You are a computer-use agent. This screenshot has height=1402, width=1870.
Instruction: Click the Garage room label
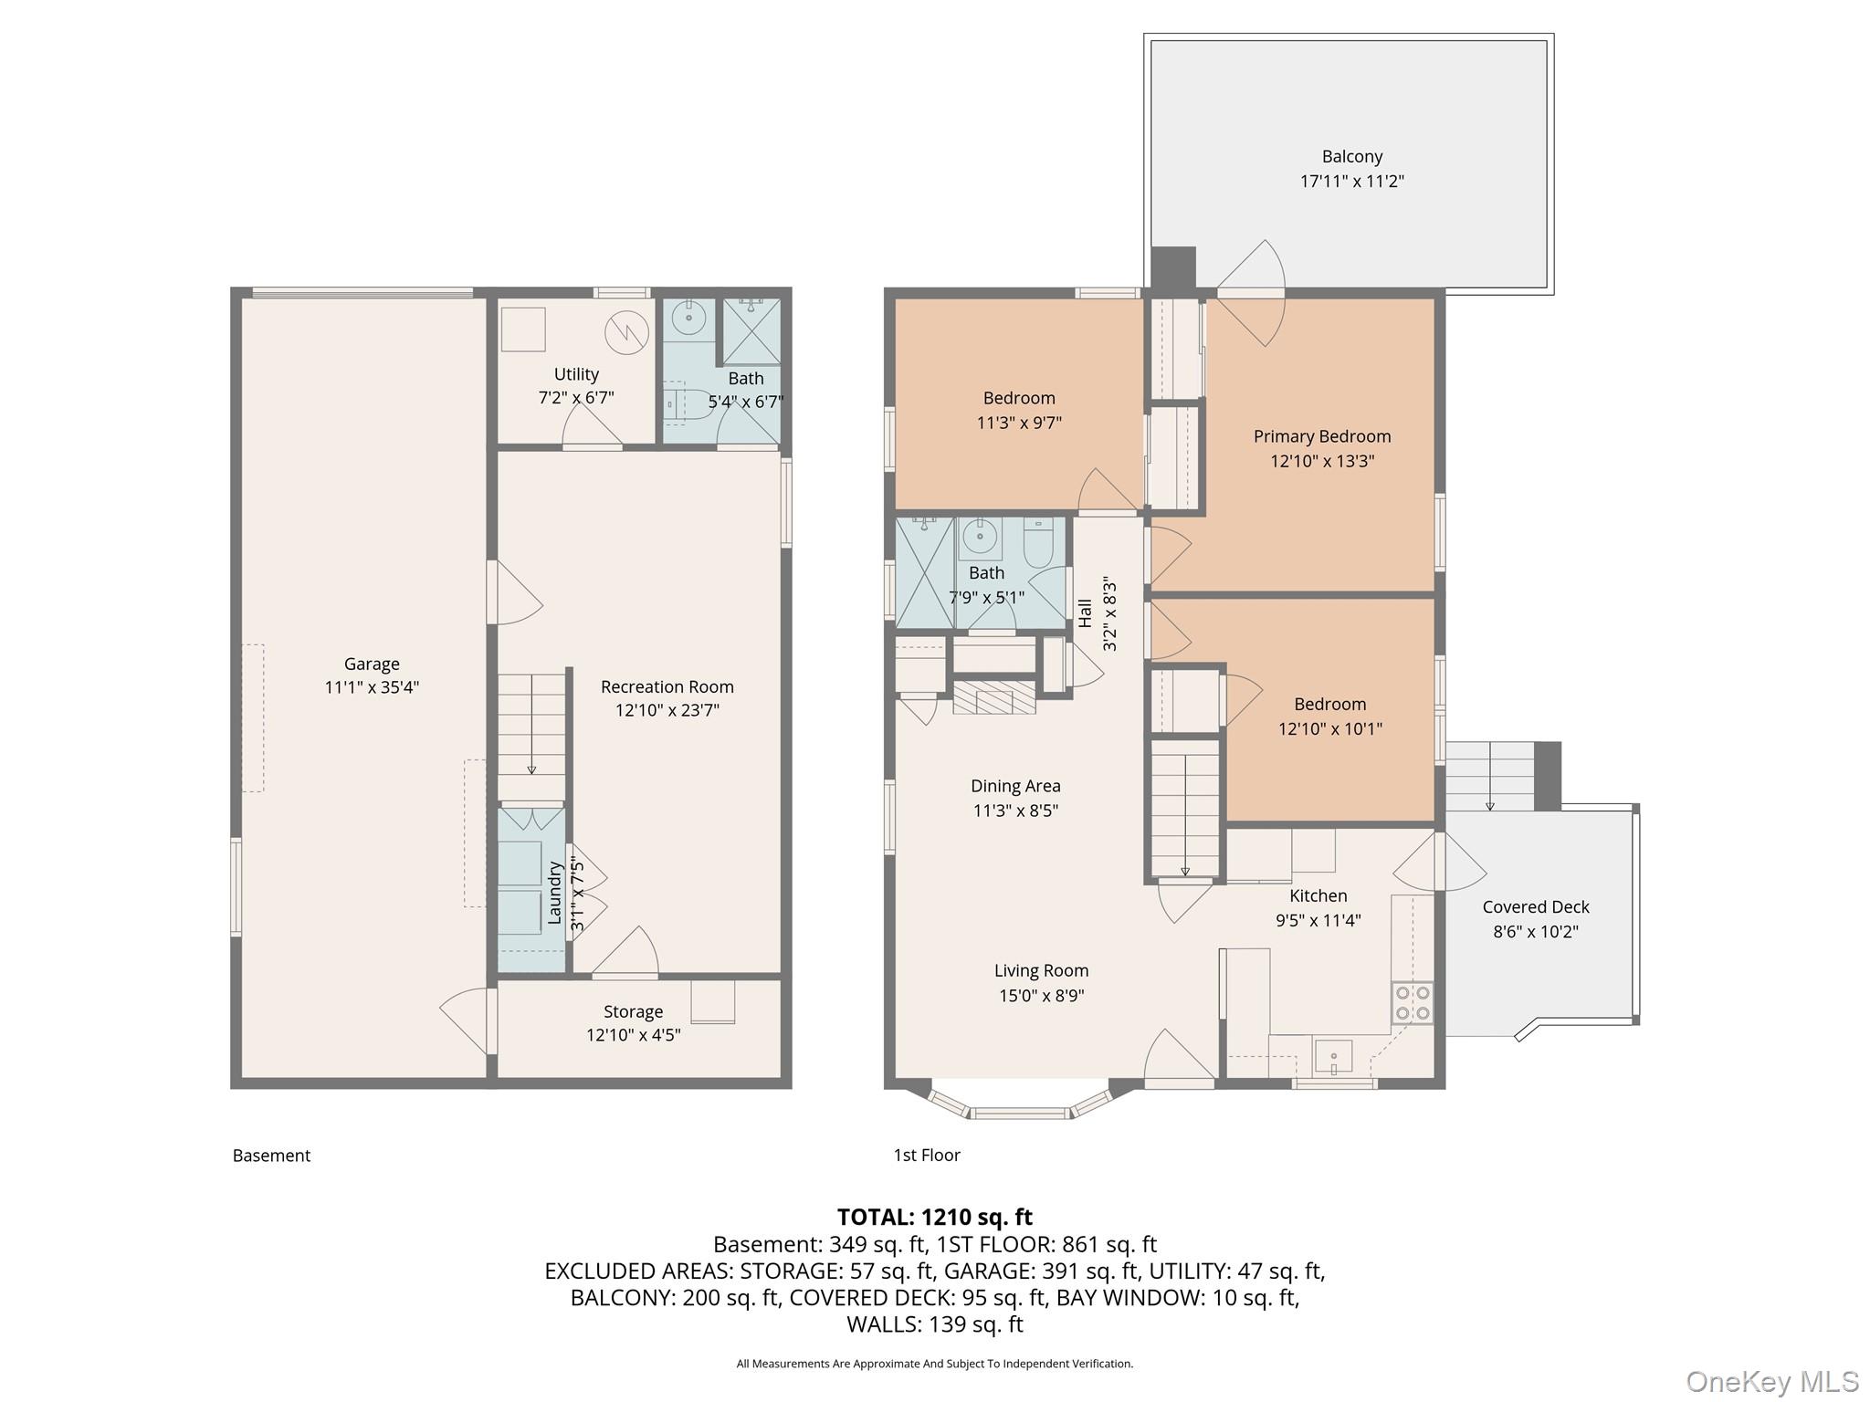372,664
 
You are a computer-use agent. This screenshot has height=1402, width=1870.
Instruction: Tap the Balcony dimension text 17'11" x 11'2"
1351,181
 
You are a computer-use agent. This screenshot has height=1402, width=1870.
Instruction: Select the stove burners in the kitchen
1412,1002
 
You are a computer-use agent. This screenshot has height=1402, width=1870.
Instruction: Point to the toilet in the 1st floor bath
1038,544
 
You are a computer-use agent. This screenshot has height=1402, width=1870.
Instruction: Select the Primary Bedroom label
1321,436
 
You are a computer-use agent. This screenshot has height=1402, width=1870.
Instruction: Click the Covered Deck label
1535,906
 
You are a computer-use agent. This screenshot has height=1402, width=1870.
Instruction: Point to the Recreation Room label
667,686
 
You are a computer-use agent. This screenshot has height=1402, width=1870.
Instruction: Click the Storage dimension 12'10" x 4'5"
633,1034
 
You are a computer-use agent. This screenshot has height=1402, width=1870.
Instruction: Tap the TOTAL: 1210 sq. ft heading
934,1217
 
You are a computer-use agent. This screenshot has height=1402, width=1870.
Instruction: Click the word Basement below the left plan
271,1155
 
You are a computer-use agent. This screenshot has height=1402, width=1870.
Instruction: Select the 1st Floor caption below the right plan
926,1155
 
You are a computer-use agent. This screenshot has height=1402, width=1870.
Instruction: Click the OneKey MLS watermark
1771,1381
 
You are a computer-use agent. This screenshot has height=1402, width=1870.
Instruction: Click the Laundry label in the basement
554,894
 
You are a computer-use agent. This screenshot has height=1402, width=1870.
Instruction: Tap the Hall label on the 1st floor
1085,613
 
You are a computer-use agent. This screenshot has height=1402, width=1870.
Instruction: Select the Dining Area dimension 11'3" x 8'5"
1014,810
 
